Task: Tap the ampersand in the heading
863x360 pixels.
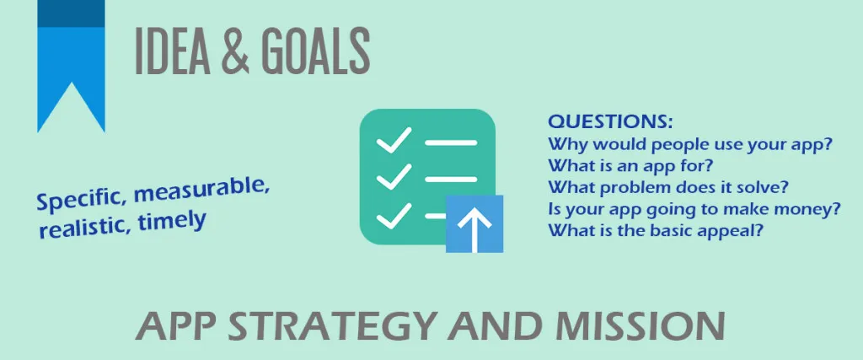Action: click(x=234, y=51)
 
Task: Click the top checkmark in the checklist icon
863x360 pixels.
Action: click(x=394, y=140)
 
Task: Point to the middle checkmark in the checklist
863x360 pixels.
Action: click(x=394, y=177)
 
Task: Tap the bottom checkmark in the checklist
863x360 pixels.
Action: click(x=394, y=215)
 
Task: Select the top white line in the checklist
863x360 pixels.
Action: click(x=451, y=142)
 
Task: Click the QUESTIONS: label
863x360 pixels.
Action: click(x=610, y=121)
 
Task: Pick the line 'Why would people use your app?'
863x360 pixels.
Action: click(x=689, y=145)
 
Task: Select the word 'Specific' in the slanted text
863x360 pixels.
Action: click(x=81, y=200)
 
